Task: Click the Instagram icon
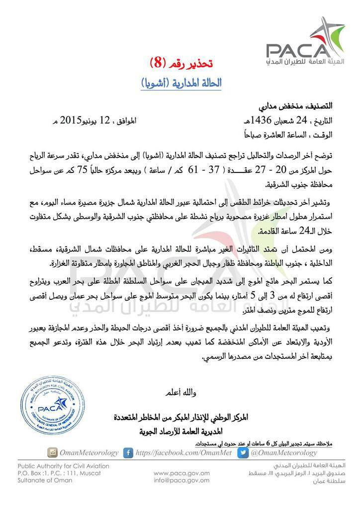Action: (x=52, y=453)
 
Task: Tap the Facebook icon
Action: (x=128, y=453)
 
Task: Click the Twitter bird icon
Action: (x=243, y=453)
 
